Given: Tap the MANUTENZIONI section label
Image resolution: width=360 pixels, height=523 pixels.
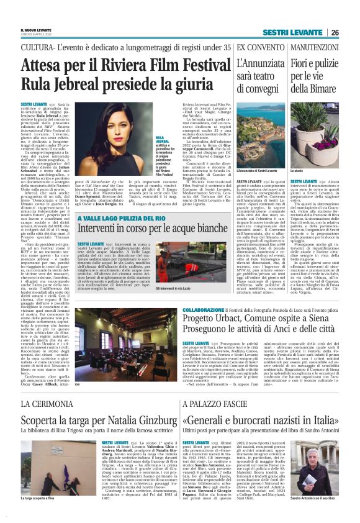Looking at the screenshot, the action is (x=314, y=48).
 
